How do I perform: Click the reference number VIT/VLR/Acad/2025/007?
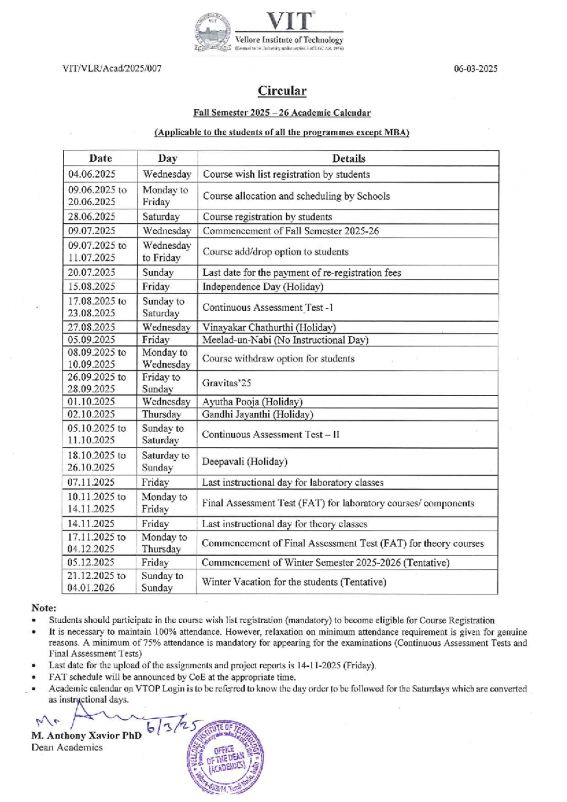click(112, 69)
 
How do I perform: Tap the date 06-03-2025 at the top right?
click(475, 69)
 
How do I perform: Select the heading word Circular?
click(282, 91)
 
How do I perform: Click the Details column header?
click(348, 158)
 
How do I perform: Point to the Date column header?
click(100, 158)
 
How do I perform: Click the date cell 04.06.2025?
click(92, 174)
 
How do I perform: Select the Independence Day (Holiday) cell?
click(263, 287)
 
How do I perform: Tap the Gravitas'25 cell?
click(226, 383)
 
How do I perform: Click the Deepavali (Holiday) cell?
click(244, 462)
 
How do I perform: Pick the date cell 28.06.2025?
click(92, 217)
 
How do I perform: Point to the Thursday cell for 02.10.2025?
click(161, 414)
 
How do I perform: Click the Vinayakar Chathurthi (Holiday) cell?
click(269, 327)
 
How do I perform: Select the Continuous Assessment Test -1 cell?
click(267, 307)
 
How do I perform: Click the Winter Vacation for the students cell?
click(294, 582)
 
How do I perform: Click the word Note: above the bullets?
click(44, 608)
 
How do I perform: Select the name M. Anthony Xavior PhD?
click(86, 736)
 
